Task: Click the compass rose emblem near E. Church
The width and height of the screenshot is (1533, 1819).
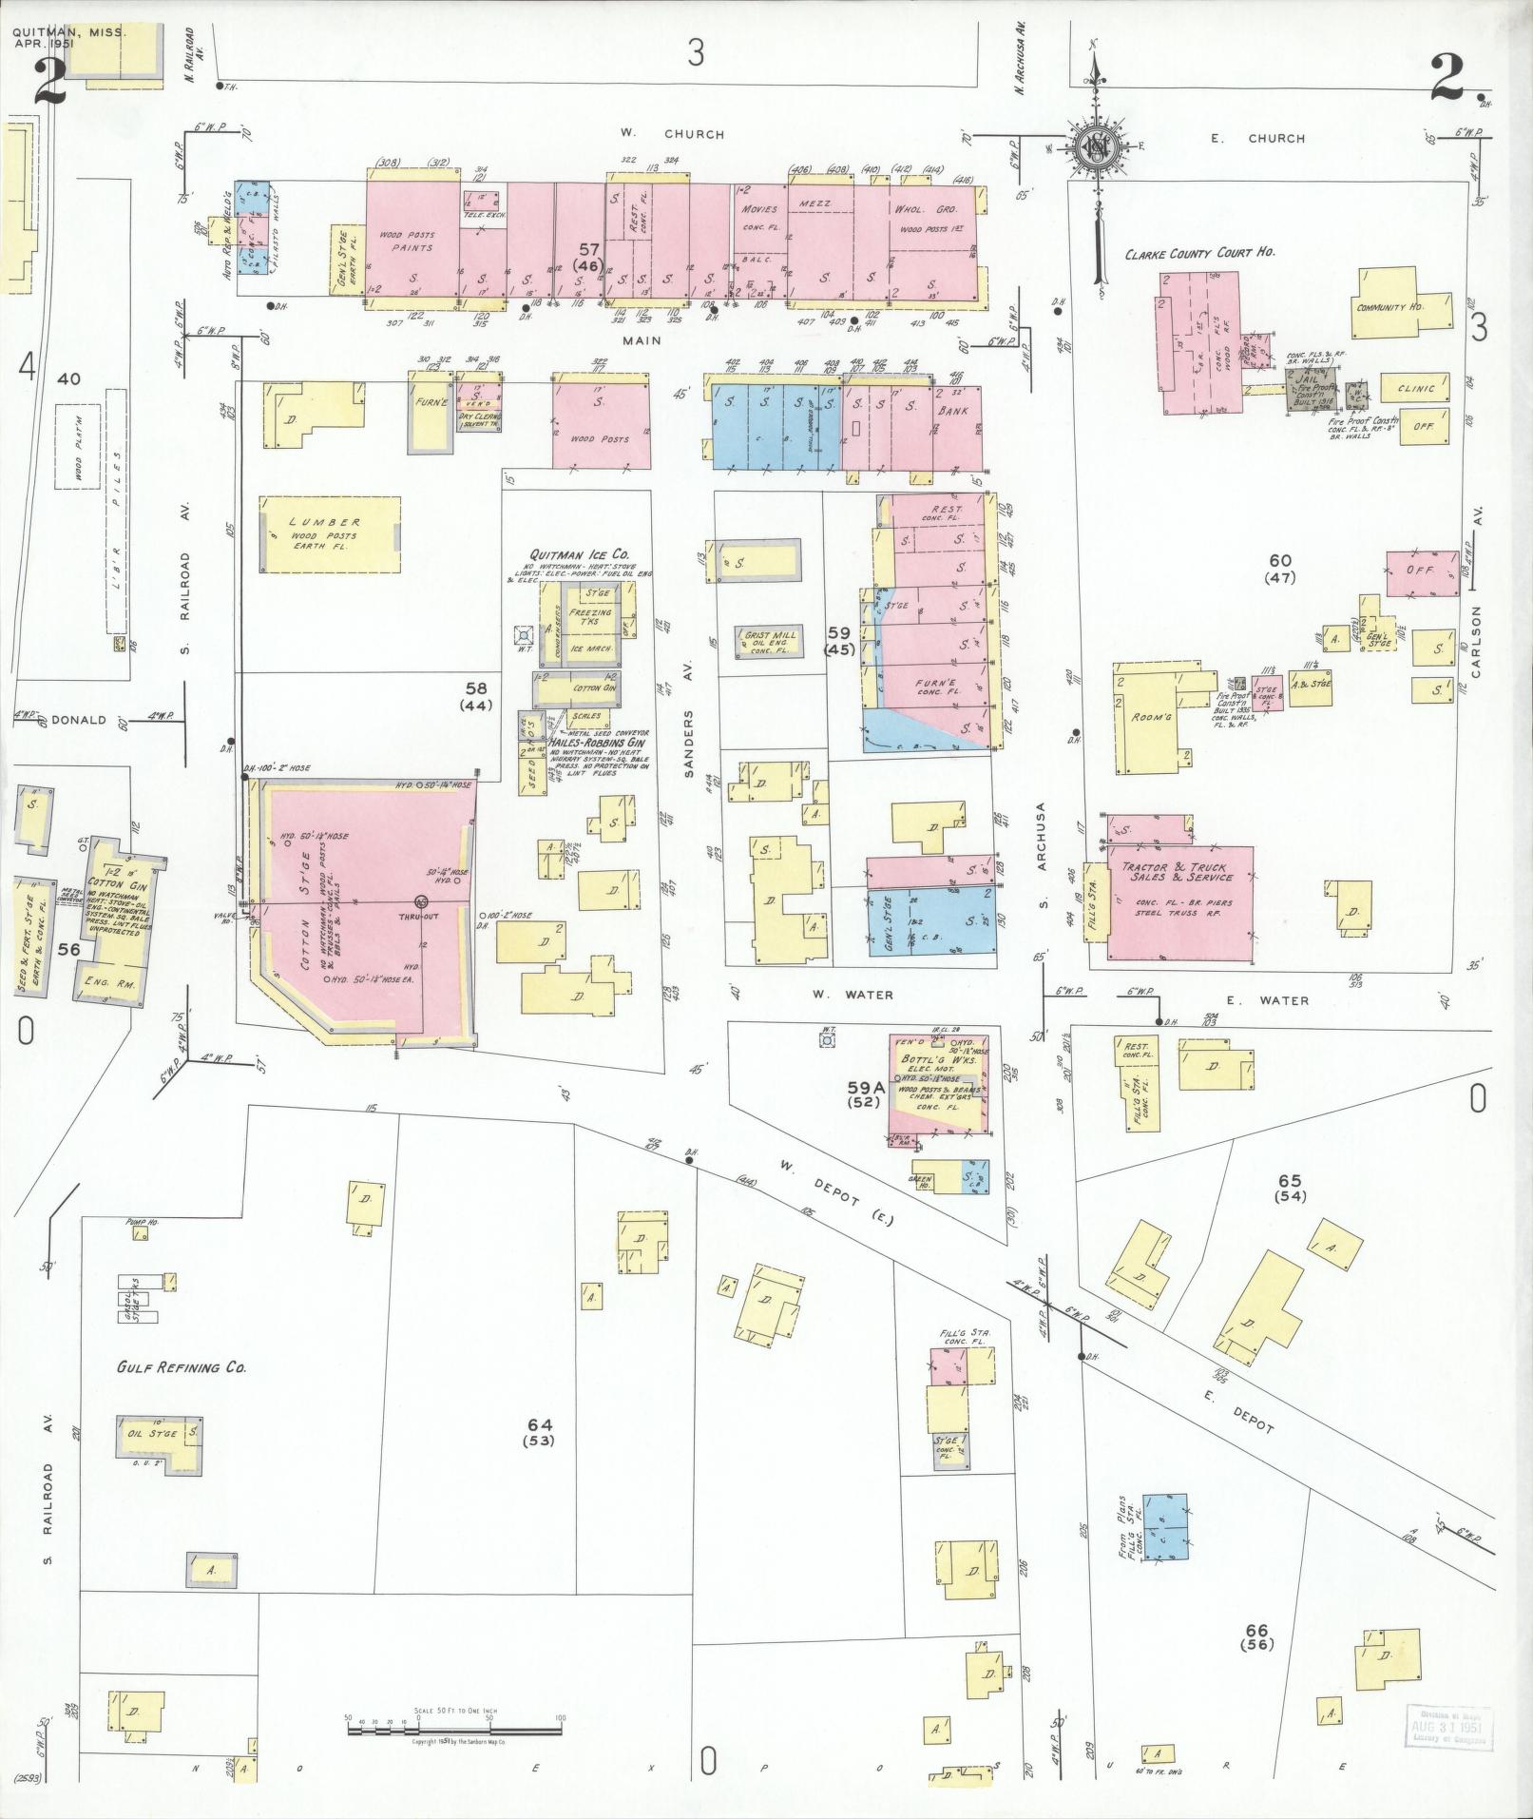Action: (1095, 147)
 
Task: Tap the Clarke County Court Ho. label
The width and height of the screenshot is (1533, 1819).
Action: (1200, 254)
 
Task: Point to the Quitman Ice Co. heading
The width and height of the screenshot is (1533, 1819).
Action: (579, 555)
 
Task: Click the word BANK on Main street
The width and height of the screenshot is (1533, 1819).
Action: (953, 411)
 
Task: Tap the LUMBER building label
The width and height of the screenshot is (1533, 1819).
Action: (326, 522)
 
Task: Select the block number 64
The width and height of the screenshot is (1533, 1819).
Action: (540, 1423)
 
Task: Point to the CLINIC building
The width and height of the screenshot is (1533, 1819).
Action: (1416, 389)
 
